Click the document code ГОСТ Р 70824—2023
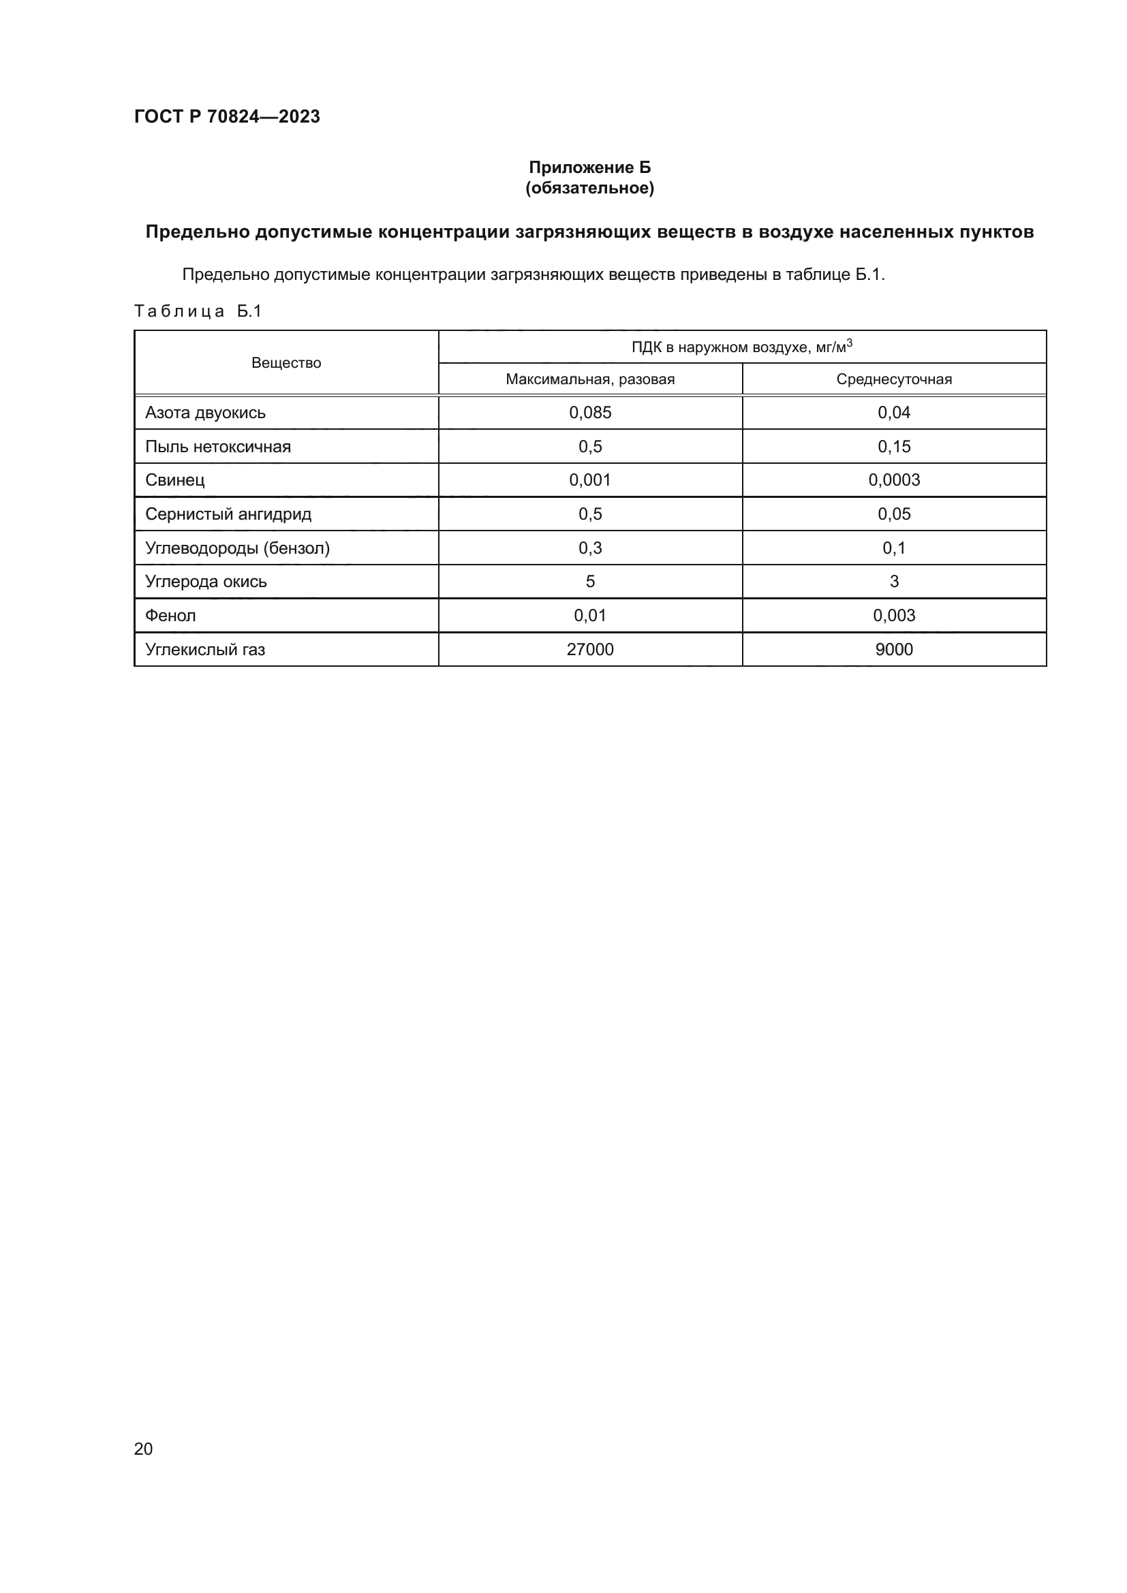[x=227, y=116]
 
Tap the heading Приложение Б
[x=590, y=168]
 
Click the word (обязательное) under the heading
[x=590, y=188]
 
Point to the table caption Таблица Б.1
[x=198, y=311]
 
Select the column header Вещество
[x=286, y=363]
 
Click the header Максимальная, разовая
[x=590, y=379]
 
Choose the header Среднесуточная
[x=894, y=379]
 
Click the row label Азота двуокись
[x=205, y=413]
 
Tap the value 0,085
[x=590, y=413]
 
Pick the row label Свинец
[x=175, y=480]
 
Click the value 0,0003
[x=894, y=480]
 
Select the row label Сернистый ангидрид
[x=228, y=514]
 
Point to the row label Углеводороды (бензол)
[x=237, y=548]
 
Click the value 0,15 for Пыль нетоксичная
[x=894, y=447]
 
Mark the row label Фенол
[x=171, y=616]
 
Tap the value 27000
[x=590, y=650]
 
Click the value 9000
[x=894, y=650]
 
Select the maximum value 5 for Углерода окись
[x=590, y=582]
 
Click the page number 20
[x=144, y=1449]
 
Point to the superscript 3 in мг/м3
[x=850, y=342]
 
